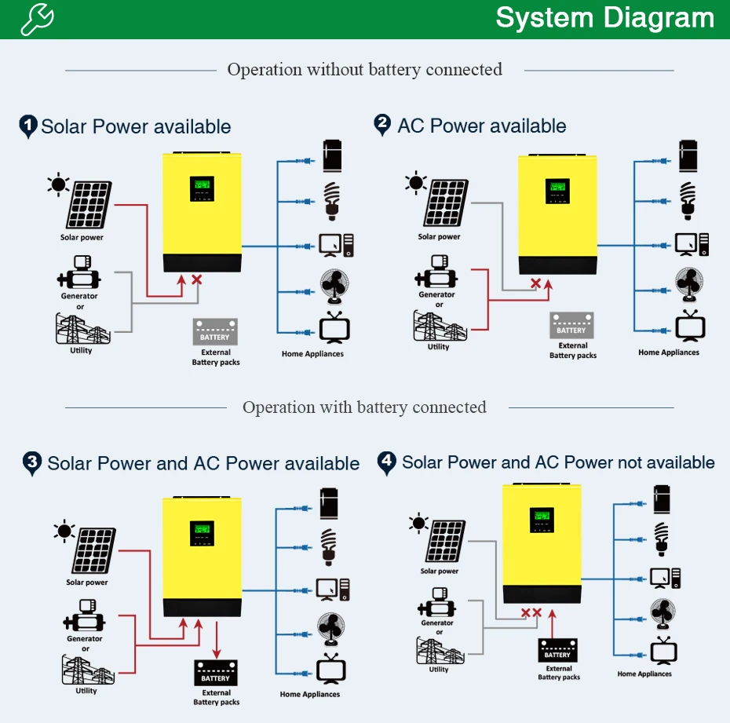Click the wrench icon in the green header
click(37, 19)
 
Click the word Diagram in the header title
click(659, 19)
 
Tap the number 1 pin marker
click(28, 126)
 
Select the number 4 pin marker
click(386, 464)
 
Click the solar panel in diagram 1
click(89, 205)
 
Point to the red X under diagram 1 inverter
click(197, 279)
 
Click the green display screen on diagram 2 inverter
click(557, 191)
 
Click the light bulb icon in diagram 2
click(688, 201)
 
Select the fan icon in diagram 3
click(331, 629)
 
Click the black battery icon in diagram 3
click(216, 672)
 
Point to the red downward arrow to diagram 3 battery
click(217, 640)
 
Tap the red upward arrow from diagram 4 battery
click(552, 623)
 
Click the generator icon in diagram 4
click(436, 602)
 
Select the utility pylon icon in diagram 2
click(440, 326)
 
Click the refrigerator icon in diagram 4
click(662, 499)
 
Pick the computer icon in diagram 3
click(333, 590)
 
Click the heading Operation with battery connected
click(364, 407)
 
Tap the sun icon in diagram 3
click(64, 531)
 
